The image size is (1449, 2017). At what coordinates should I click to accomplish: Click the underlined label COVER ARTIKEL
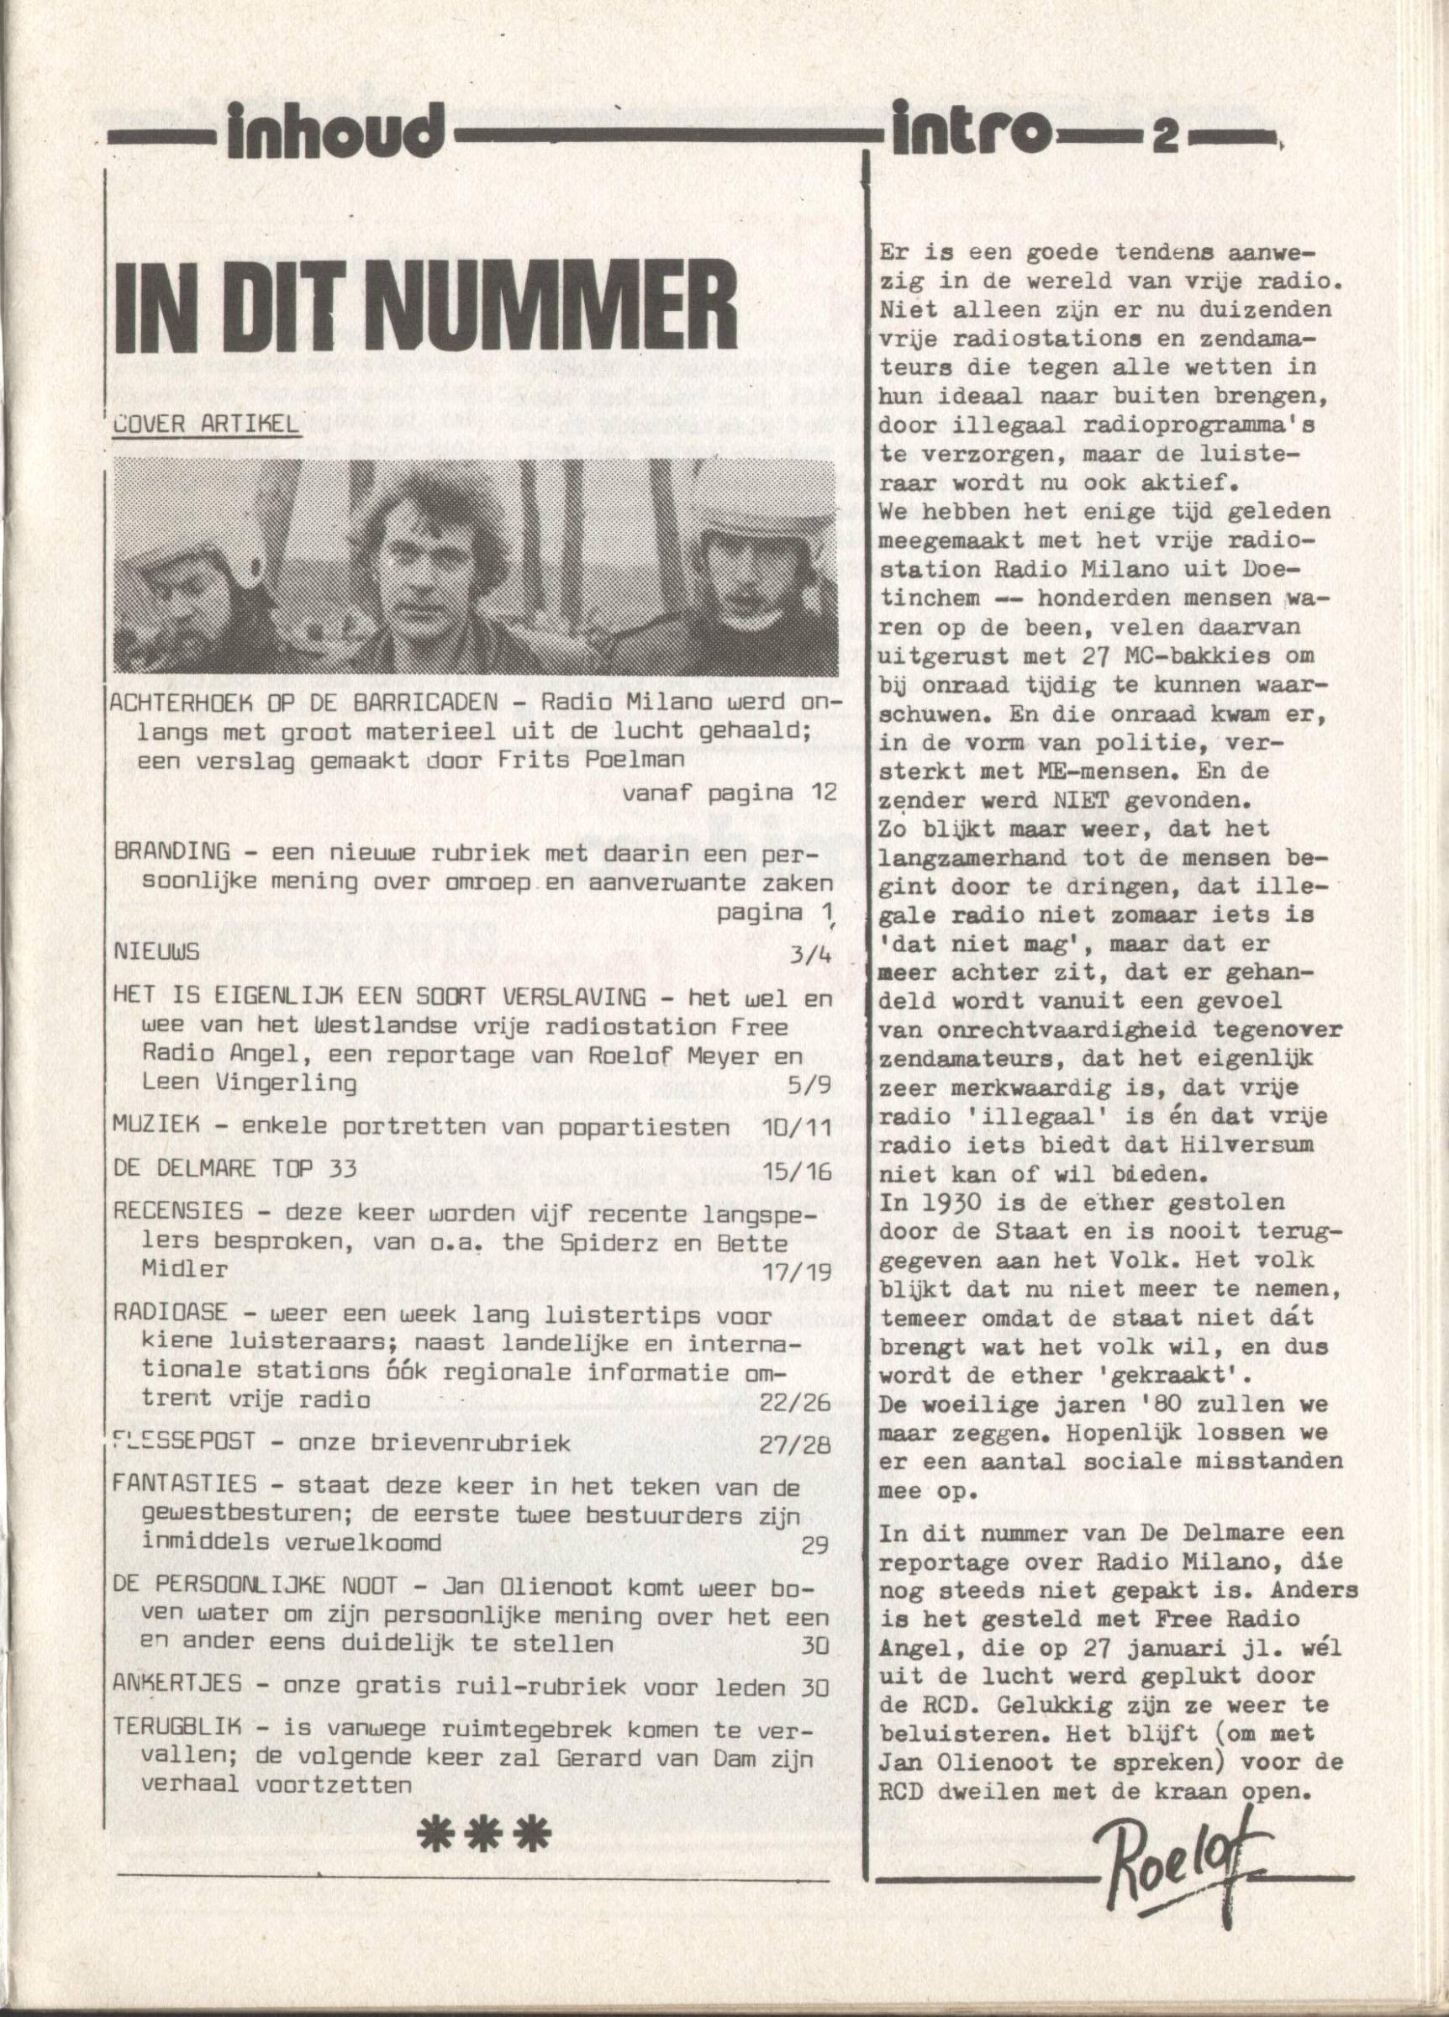(x=205, y=424)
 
